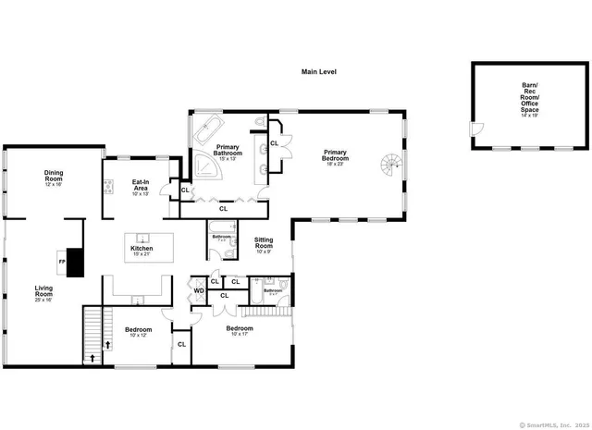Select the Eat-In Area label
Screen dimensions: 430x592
click(140, 186)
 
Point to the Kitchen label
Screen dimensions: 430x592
click(141, 250)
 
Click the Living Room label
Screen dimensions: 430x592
click(44, 292)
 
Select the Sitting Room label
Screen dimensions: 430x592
click(264, 243)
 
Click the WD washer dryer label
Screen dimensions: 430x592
click(198, 291)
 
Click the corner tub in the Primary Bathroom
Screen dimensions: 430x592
click(205, 166)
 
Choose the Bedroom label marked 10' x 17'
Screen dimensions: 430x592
click(239, 331)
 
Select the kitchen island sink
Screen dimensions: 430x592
click(143, 239)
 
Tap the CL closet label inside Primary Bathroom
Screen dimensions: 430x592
click(274, 143)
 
